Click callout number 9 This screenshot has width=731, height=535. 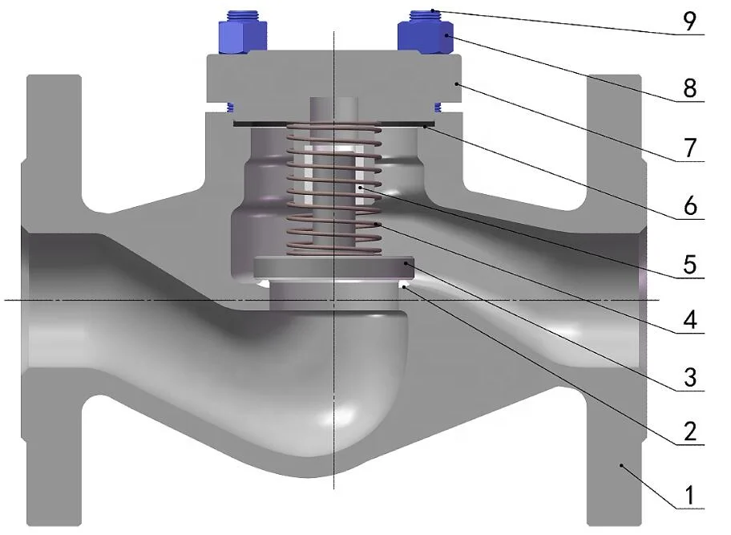click(x=689, y=21)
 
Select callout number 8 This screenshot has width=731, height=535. click(x=690, y=87)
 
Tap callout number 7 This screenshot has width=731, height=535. click(x=690, y=148)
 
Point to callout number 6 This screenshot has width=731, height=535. click(x=690, y=205)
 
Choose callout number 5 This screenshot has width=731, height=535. click(x=690, y=265)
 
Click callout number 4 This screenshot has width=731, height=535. click(x=690, y=321)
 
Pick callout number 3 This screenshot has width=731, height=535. click(x=690, y=377)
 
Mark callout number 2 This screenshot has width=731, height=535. click(x=690, y=431)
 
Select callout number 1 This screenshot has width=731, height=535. click(x=690, y=496)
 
